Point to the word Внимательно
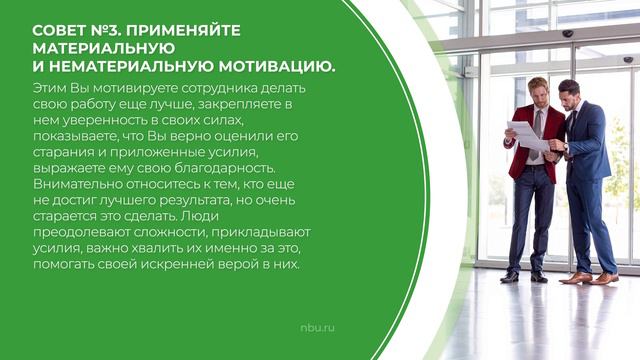tap(79, 185)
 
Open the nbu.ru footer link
tap(317, 299)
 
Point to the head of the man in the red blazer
tap(538, 91)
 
